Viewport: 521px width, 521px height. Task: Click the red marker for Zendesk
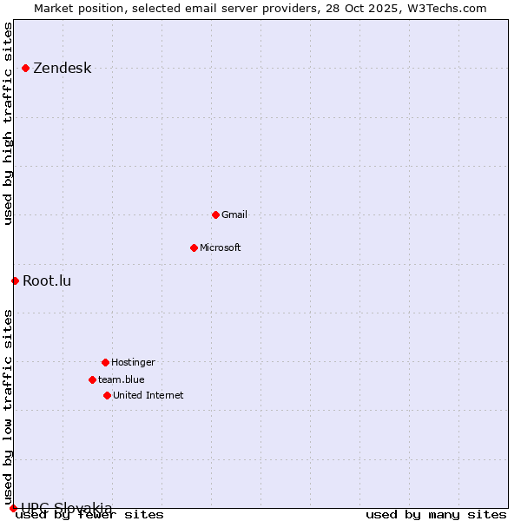point(26,68)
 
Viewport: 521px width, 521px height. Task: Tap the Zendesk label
point(62,69)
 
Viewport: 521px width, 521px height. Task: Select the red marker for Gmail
point(215,214)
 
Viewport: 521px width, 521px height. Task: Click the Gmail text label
point(234,214)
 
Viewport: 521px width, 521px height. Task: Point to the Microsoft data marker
point(194,247)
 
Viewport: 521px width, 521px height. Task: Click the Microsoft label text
point(220,247)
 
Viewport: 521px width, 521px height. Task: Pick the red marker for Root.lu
point(15,280)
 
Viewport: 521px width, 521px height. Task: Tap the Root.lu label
point(47,280)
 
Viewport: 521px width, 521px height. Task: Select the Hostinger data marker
point(105,362)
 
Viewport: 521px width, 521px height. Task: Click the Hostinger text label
point(133,362)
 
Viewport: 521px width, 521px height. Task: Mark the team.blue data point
point(92,379)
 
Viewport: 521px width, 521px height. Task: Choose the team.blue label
point(121,379)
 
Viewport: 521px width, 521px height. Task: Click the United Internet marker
point(107,395)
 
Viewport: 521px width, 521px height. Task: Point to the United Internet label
point(148,395)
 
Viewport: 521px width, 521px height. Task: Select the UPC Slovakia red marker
point(13,508)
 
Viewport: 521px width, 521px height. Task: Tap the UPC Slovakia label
point(67,508)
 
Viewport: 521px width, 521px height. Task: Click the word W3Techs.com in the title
point(444,8)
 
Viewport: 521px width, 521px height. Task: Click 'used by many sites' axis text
point(436,514)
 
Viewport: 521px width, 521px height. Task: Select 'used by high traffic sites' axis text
point(9,123)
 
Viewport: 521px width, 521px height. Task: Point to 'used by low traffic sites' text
point(9,399)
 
